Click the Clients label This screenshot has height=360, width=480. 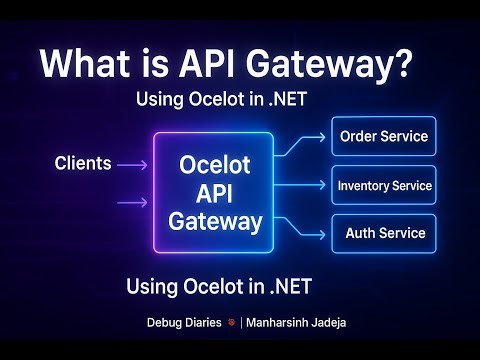(x=83, y=163)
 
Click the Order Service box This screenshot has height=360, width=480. (x=384, y=136)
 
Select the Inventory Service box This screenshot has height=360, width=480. (x=384, y=185)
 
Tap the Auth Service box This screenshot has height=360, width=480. (x=384, y=233)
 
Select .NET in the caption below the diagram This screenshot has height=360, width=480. (x=287, y=287)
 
